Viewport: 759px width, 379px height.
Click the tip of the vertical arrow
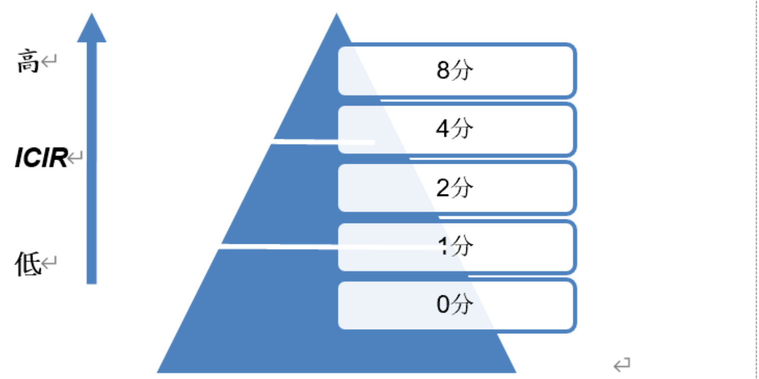(x=92, y=13)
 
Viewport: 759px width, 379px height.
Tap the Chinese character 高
(x=28, y=61)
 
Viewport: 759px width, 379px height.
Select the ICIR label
(x=41, y=158)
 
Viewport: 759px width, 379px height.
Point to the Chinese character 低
(x=28, y=264)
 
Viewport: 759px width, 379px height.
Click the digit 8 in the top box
(x=443, y=71)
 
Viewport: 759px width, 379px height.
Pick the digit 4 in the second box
(x=443, y=129)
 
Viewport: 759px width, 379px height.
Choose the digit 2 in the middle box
(x=443, y=187)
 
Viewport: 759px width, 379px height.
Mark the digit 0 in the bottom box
(x=443, y=304)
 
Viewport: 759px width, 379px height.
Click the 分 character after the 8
(x=462, y=70)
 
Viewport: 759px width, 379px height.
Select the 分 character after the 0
(x=462, y=304)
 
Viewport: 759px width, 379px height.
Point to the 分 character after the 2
(x=462, y=187)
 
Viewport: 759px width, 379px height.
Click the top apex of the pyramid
(x=336, y=13)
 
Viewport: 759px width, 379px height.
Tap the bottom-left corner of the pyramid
(x=157, y=373)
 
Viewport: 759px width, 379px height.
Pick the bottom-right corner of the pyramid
(x=517, y=373)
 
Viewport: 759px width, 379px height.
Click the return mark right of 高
(x=49, y=61)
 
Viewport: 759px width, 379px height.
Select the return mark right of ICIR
(x=75, y=157)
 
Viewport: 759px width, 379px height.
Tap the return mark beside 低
(x=49, y=263)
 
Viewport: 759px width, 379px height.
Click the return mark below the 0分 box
(x=622, y=365)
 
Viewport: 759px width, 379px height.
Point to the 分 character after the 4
(x=462, y=129)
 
